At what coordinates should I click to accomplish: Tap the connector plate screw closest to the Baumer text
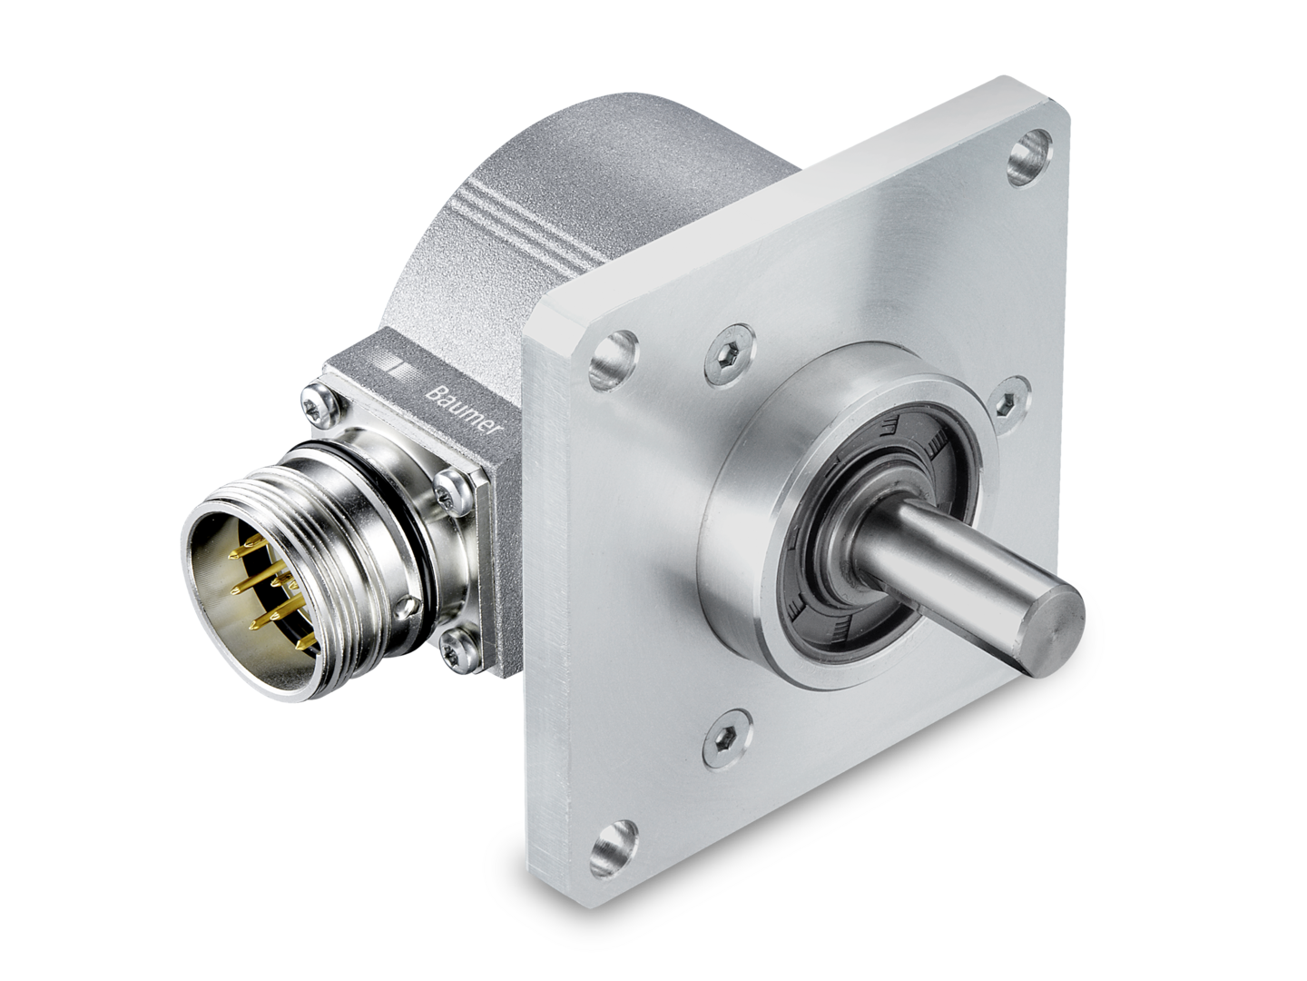pyautogui.click(x=446, y=490)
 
